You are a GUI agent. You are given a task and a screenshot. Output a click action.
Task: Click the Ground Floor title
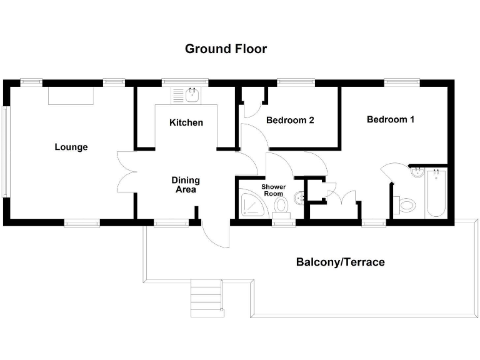(x=226, y=49)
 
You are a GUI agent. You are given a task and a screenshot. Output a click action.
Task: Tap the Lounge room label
(x=71, y=147)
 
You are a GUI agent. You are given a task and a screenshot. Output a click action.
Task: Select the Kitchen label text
(x=186, y=122)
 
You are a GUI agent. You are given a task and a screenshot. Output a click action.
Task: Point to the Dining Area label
(x=186, y=184)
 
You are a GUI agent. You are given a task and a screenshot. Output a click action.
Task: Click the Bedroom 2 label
(x=290, y=120)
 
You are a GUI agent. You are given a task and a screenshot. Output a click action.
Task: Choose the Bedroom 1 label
(x=390, y=119)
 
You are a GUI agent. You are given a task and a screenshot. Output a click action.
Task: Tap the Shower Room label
(x=273, y=190)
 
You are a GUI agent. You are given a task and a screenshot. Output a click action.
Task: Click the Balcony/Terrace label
(x=340, y=262)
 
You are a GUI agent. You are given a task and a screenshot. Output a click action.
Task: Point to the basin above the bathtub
(x=418, y=172)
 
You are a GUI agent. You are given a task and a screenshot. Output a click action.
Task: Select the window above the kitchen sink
(x=185, y=82)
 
